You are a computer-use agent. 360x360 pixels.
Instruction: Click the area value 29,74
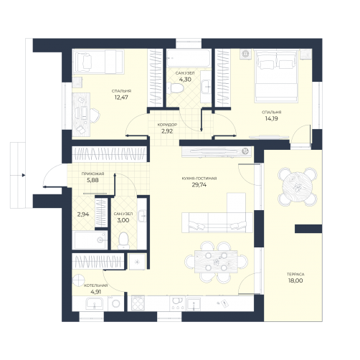click(199, 185)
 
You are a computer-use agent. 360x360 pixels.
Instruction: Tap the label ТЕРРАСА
click(295, 274)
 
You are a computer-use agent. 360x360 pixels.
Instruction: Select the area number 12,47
click(121, 98)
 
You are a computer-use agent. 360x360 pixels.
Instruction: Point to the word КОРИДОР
click(167, 125)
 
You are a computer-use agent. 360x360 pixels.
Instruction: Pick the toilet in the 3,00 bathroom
click(123, 240)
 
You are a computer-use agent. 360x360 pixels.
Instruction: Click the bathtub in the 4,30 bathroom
click(189, 58)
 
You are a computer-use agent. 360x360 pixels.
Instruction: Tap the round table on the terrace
click(298, 186)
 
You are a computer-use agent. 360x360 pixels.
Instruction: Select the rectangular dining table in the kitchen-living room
click(216, 262)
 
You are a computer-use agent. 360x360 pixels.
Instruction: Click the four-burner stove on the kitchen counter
click(138, 303)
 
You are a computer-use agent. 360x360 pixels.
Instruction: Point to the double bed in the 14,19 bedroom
click(277, 76)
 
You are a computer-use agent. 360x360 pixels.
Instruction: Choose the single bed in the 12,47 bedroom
click(98, 62)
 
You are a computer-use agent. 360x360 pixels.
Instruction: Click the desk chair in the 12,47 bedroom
click(95, 115)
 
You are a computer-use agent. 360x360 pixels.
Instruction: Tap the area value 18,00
click(295, 280)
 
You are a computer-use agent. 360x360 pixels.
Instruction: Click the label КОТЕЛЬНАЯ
click(96, 285)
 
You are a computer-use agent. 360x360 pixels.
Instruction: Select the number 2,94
click(83, 214)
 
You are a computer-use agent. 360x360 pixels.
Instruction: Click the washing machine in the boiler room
click(115, 303)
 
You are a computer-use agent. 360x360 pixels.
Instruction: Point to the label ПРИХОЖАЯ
click(93, 174)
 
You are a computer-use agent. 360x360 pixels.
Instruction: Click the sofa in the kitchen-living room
click(217, 222)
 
